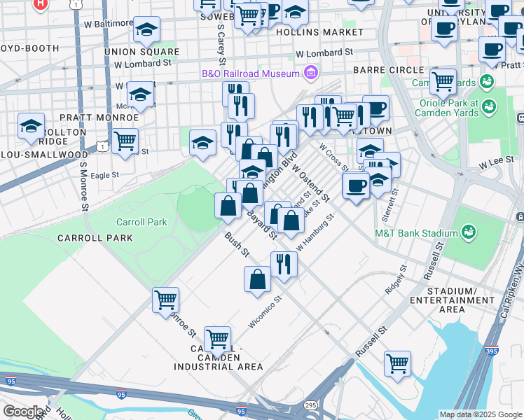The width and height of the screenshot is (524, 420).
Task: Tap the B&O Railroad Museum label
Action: (250, 73)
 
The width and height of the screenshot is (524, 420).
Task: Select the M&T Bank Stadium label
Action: (411, 233)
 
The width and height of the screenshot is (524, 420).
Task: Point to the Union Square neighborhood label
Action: (142, 52)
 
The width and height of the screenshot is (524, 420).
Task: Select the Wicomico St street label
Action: (265, 312)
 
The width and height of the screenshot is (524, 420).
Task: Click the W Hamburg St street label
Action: (315, 236)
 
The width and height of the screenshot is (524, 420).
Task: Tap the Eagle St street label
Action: (104, 175)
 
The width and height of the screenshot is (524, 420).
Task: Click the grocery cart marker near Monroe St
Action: (166, 300)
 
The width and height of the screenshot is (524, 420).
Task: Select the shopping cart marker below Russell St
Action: (397, 363)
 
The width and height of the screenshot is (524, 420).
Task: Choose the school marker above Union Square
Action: (147, 29)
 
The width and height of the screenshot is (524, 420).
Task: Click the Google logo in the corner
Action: (23, 411)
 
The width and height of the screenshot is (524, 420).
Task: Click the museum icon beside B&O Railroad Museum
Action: (310, 73)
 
